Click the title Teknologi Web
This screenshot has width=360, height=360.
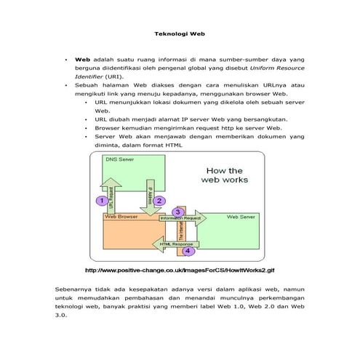tap(180, 33)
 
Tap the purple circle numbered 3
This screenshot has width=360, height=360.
tap(177, 212)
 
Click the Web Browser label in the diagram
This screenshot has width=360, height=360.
tap(121, 216)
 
